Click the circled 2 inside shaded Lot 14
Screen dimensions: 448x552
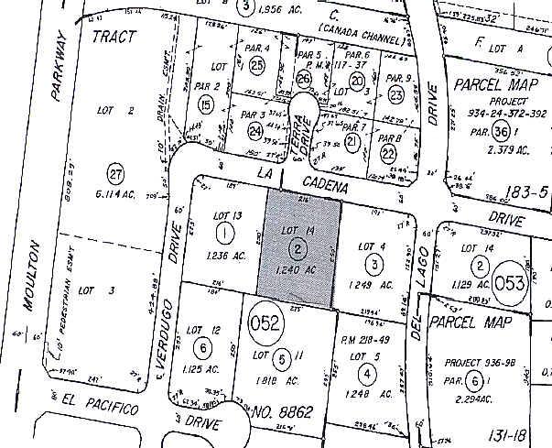coord(297,247)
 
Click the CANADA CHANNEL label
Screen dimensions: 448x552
coord(363,40)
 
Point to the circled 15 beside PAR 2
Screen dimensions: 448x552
coord(205,106)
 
